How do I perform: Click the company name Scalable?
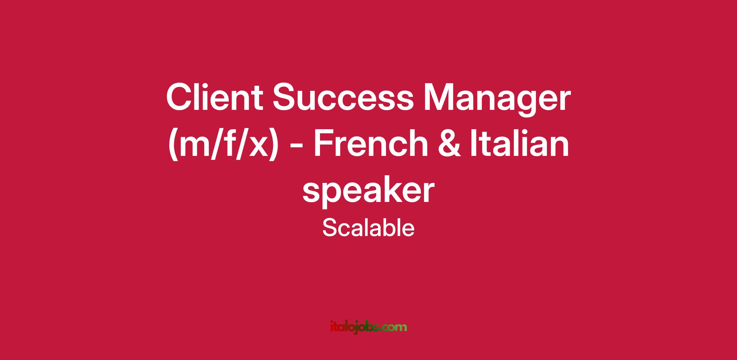coord(368,228)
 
